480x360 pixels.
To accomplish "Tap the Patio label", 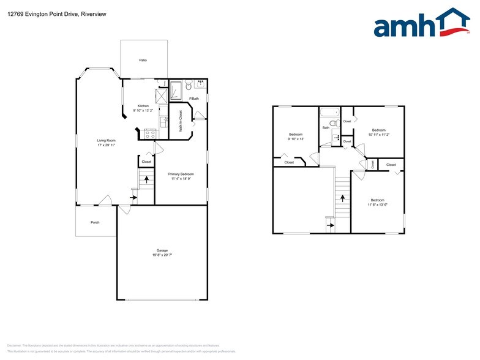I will point(143,60).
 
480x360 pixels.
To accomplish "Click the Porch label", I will point(95,222).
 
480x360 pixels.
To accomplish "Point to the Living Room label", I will point(106,140).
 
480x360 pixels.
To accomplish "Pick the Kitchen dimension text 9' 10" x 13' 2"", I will point(143,110).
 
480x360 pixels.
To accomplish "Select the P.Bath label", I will point(193,99).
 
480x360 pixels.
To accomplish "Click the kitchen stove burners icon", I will point(149,132).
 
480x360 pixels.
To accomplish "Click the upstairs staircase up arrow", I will point(342,198).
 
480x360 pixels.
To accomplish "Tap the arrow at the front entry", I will point(134,197).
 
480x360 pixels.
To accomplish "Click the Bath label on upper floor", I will point(326,127).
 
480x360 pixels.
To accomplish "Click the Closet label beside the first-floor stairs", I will point(146,162).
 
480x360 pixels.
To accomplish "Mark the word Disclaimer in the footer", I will point(15,346).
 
